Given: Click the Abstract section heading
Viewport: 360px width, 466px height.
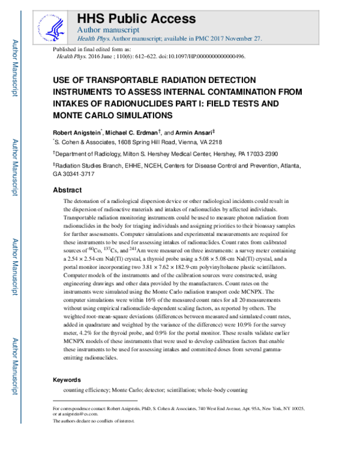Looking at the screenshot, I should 68,190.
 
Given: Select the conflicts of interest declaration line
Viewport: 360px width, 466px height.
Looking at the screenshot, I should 94,421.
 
